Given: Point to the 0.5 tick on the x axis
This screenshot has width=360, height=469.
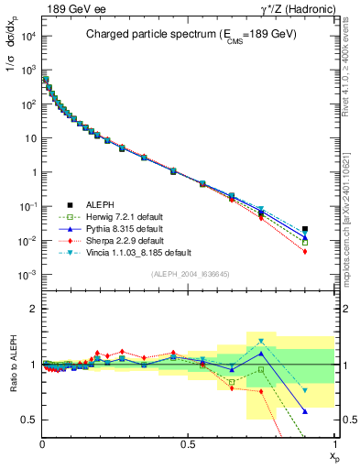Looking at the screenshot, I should [x=188, y=443].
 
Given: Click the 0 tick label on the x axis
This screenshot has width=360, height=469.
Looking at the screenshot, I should [x=42, y=443].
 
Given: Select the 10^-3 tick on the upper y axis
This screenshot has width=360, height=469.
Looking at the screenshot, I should [x=27, y=275].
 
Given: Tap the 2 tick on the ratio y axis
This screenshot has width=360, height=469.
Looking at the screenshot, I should [x=33, y=309].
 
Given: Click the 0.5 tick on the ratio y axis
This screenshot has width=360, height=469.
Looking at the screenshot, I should [x=29, y=420].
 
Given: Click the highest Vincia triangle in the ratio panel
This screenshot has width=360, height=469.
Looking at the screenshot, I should [x=261, y=342].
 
